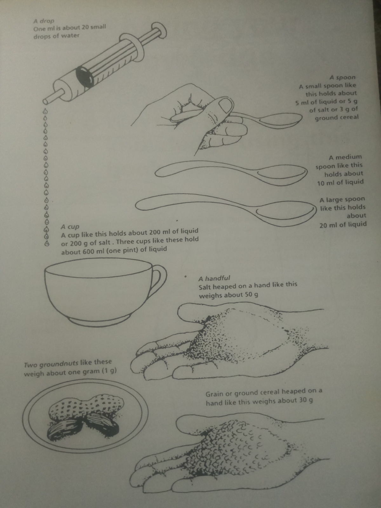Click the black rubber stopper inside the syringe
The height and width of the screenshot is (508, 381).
pos(85,78)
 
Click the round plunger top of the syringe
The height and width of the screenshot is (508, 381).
pos(160,30)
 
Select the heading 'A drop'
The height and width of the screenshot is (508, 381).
pos(44,21)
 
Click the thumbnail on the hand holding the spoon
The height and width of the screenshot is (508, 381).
pos(224,105)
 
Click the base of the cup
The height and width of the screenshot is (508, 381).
pos(101,321)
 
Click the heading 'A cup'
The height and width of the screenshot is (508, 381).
pos(70,227)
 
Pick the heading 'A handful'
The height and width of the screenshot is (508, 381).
pos(214,278)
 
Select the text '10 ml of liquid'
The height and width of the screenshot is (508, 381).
pos(340,182)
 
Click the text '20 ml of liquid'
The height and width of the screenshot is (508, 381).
pos(343,224)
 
